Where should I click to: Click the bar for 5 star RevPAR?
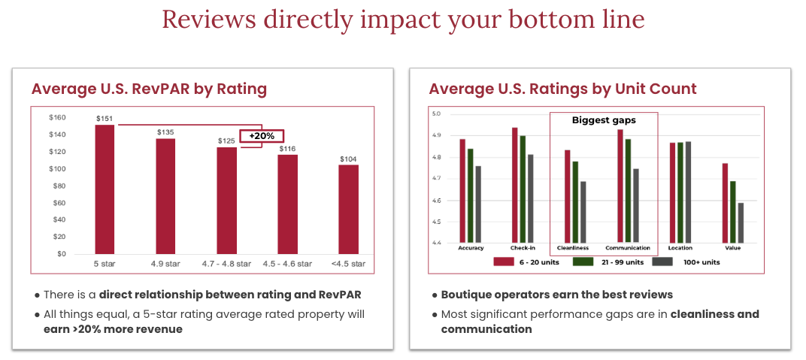coord(105,189)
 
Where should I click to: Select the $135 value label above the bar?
coord(165,132)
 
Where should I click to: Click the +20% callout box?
coord(261,136)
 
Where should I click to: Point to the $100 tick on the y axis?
coord(57,168)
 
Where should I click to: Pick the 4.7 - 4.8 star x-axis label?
coord(226,264)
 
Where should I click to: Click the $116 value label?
coord(287,149)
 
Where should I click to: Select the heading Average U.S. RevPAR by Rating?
coord(149,89)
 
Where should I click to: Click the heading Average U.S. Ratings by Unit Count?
coord(562,89)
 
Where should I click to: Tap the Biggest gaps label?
coord(604,120)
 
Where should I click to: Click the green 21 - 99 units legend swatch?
coord(583,262)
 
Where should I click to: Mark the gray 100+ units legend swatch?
coord(662,262)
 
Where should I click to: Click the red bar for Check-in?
coord(515,185)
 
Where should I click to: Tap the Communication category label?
coord(628,247)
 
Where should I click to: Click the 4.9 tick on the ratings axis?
coord(436,135)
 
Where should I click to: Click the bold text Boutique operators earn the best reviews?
coord(556,295)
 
